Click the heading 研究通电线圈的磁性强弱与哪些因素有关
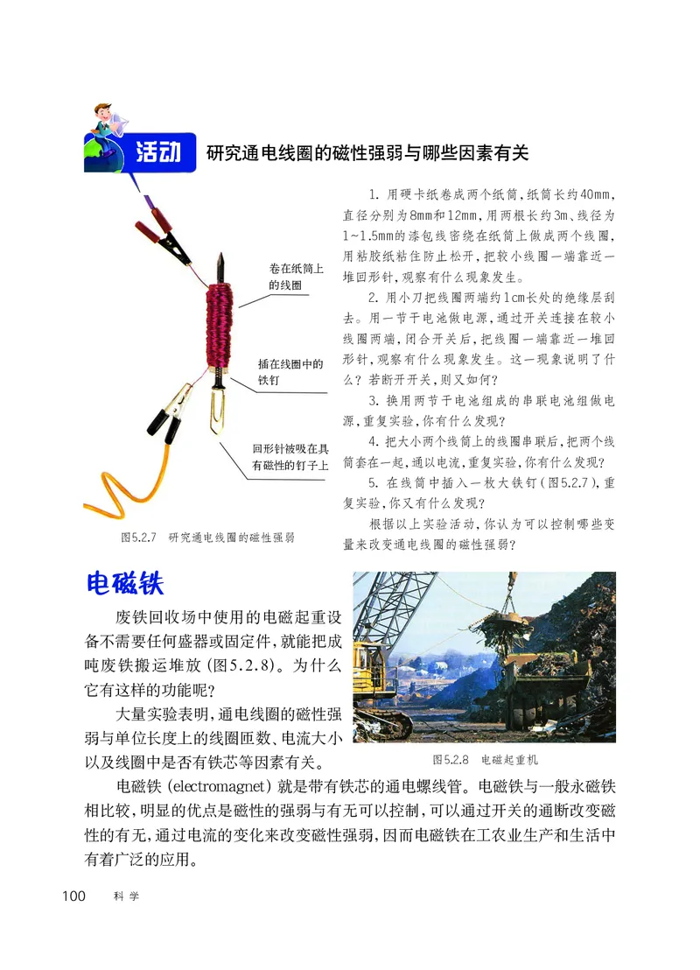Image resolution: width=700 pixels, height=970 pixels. click(367, 152)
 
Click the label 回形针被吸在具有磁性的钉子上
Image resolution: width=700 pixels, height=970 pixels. click(290, 456)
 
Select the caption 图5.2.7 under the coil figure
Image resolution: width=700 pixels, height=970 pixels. click(207, 537)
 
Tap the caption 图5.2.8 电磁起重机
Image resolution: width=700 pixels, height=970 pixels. click(485, 759)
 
